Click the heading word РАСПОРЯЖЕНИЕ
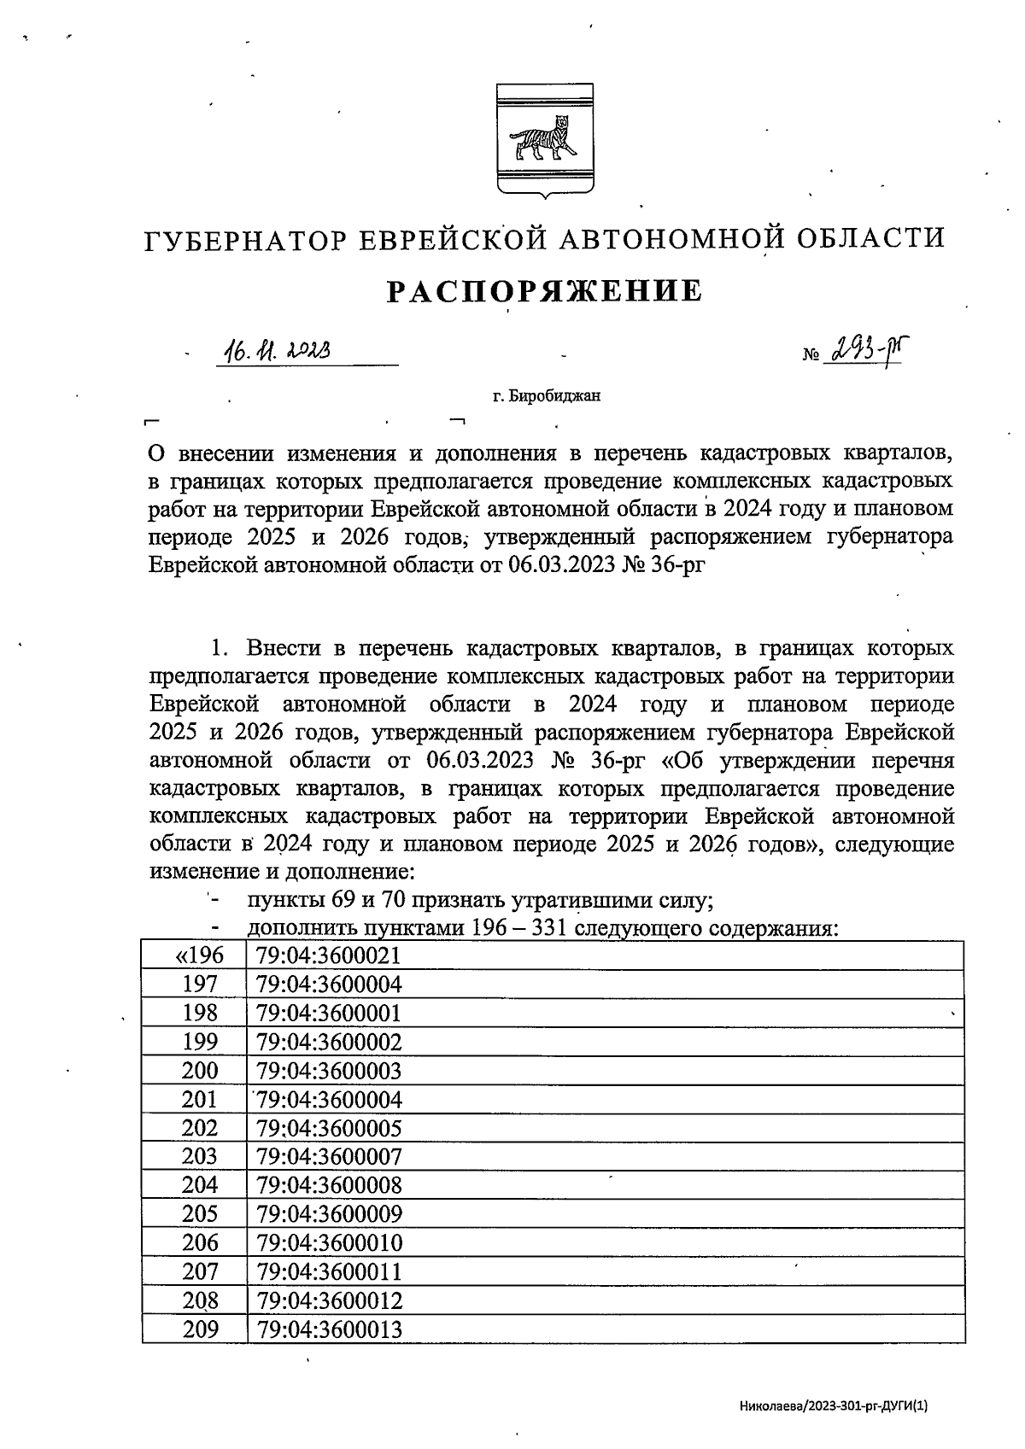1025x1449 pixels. pos(545,292)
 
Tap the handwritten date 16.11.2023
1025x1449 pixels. pos(277,351)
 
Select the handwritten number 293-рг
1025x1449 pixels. pos(864,349)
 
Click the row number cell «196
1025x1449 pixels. pos(196,955)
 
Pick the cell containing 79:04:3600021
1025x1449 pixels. pos(329,955)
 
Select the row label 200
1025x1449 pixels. pos(200,1071)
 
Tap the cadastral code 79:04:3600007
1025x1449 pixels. pos(329,1157)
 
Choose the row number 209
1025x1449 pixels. pos(200,1329)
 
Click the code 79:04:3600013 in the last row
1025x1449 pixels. pos(329,1329)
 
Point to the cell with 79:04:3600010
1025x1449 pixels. pos(329,1243)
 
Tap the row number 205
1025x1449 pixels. pos(200,1214)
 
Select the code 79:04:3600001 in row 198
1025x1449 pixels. pos(329,1014)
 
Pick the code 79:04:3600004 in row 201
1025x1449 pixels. pos(329,1100)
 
